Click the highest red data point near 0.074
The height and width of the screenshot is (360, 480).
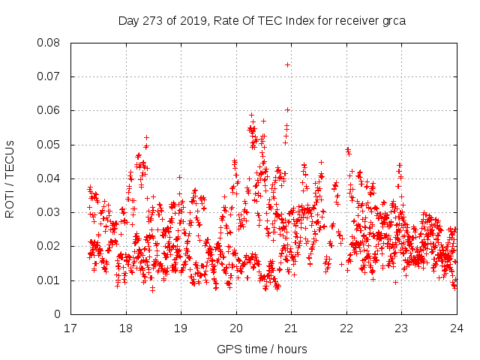(287, 64)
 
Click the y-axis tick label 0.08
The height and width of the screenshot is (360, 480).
(50, 43)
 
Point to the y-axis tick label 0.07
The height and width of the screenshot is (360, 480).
(50, 76)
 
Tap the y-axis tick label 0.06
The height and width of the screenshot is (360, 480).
(50, 110)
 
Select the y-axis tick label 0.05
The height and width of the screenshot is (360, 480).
(50, 144)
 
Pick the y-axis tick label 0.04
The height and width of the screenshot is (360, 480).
(50, 178)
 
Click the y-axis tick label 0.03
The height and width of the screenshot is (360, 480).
(50, 212)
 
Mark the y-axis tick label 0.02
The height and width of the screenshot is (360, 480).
(50, 246)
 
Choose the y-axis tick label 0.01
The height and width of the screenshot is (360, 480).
(50, 280)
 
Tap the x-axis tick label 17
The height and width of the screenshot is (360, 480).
(70, 328)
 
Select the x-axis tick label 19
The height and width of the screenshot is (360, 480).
(181, 328)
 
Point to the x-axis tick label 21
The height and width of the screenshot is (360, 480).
(291, 328)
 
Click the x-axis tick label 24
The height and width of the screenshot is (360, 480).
(456, 328)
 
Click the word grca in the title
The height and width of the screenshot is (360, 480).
(392, 20)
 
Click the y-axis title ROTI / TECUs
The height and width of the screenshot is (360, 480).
(10, 178)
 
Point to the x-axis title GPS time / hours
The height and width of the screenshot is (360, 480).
(262, 349)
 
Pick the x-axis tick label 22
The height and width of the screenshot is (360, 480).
(346, 328)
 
